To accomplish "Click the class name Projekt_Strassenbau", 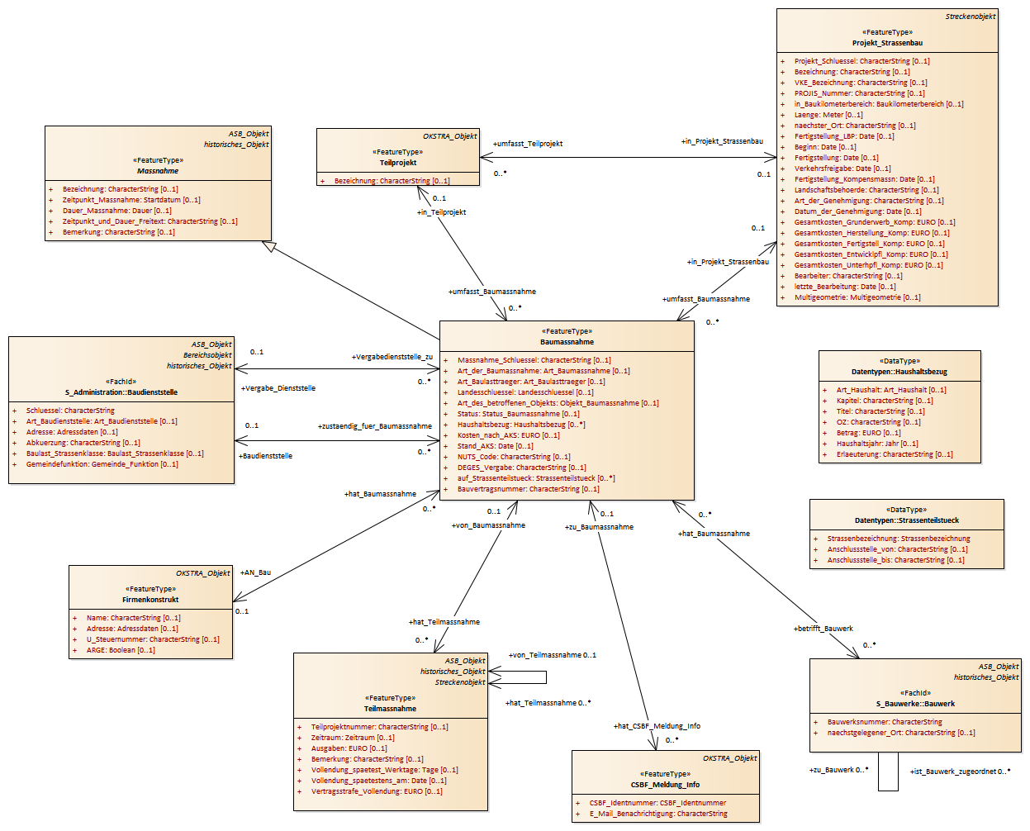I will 887,43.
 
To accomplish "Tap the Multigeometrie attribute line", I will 857,297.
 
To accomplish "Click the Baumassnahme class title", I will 567,342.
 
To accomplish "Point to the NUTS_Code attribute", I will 514,457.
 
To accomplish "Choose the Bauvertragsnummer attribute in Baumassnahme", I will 529,489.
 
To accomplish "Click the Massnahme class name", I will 158,171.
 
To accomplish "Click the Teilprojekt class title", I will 398,163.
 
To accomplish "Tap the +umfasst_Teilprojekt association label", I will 528,144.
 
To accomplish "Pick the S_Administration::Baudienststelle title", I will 121,392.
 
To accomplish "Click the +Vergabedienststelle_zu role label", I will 392,357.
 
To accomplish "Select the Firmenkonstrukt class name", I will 150,600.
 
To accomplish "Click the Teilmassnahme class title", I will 390,709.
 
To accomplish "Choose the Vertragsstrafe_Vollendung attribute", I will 377,791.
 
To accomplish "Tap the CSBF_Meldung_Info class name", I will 665,785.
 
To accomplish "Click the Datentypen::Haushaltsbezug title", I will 899,372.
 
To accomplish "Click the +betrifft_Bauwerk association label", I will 824,629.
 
